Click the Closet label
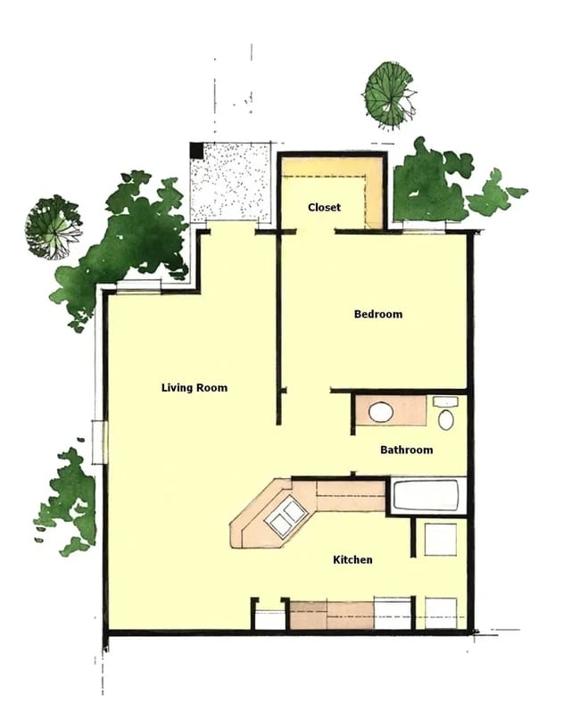pos(324,208)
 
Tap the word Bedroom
pos(377,314)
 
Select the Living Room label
pos(194,388)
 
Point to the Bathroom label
pos(406,450)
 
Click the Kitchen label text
pos(352,560)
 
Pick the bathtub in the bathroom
pos(427,496)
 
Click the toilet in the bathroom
pos(446,417)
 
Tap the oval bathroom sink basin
pos(381,412)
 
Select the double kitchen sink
pos(286,518)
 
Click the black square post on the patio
pos(196,151)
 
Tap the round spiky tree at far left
pos(53,227)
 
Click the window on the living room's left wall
pos(100,442)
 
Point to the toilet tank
pos(444,402)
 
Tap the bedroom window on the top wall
pos(427,229)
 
